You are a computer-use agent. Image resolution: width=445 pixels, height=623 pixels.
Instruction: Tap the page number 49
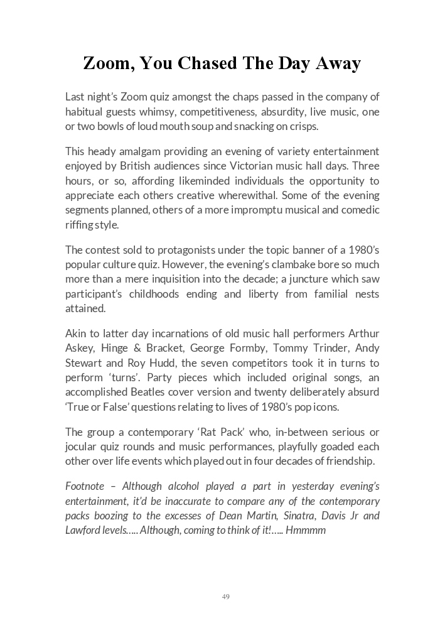pyautogui.click(x=225, y=596)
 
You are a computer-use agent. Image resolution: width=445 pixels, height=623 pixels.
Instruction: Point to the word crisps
pyautogui.click(x=304, y=126)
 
